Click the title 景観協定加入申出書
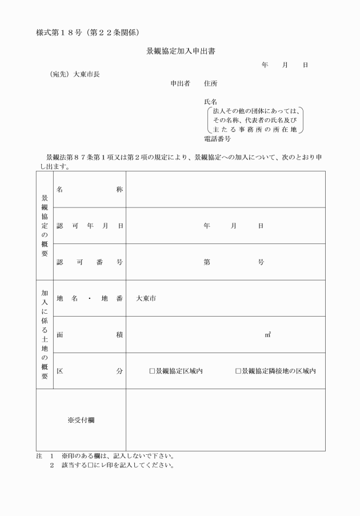click(180, 51)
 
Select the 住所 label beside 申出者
click(210, 83)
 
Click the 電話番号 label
click(217, 138)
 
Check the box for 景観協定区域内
click(153, 371)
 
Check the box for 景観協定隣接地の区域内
click(239, 371)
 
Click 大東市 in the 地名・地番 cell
click(146, 298)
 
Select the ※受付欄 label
click(81, 420)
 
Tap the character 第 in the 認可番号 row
click(206, 262)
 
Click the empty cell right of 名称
click(226, 189)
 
